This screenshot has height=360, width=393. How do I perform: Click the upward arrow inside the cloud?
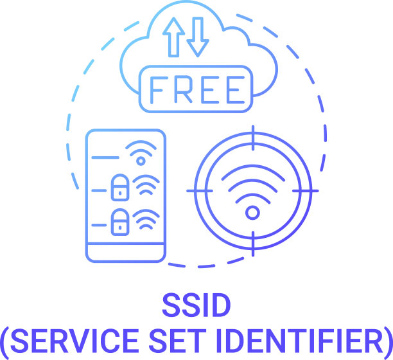click(x=173, y=37)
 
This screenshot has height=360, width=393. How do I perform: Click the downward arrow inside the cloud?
click(x=198, y=37)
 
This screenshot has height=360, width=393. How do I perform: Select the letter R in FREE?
click(x=183, y=89)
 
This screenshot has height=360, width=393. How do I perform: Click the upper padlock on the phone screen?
click(x=120, y=188)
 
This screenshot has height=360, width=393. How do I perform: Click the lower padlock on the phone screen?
click(x=120, y=222)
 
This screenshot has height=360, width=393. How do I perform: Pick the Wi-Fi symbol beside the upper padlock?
click(x=146, y=185)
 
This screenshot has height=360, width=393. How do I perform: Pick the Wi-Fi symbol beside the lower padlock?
click(x=146, y=219)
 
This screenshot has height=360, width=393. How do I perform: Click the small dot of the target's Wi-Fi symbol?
click(x=252, y=213)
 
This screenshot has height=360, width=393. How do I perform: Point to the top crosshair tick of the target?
click(x=253, y=138)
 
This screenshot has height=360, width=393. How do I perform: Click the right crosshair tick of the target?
click(x=305, y=191)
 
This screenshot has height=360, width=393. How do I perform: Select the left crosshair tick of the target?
click(x=200, y=191)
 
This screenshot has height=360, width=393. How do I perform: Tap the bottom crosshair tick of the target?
click(x=253, y=244)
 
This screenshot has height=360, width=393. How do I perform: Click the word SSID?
click(x=197, y=305)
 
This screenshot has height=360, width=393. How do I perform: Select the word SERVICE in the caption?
click(x=74, y=341)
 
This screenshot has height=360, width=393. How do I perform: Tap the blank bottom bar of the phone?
click(x=126, y=253)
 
